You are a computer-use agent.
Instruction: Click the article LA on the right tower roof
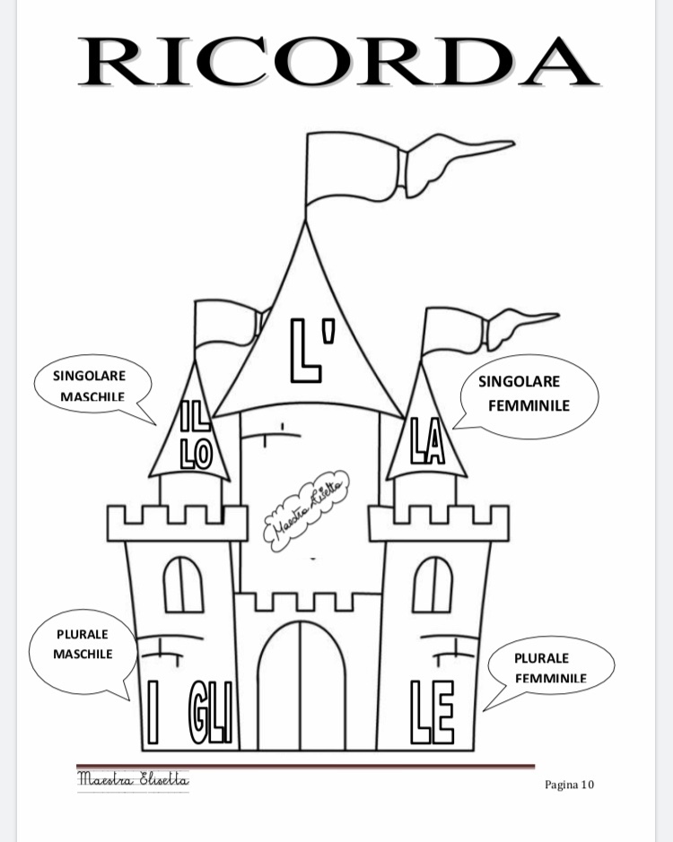427,441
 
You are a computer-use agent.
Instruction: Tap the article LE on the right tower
432,714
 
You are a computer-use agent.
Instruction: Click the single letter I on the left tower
153,714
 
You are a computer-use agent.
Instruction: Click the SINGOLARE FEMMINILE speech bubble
529,394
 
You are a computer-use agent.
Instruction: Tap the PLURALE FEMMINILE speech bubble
550,667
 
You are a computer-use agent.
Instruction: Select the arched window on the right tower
433,584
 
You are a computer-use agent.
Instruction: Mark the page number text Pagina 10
569,785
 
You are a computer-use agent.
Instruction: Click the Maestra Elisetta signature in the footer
133,778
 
